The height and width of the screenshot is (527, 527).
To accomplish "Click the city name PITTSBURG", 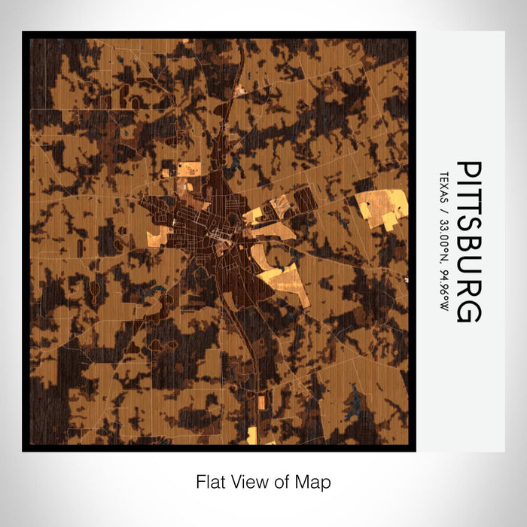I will pyautogui.click(x=468, y=241).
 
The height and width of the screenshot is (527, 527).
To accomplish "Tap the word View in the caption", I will pyautogui.click(x=245, y=482).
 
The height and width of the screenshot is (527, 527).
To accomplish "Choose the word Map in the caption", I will pyautogui.click(x=315, y=482).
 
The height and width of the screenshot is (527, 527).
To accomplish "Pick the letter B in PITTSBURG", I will pyautogui.click(x=468, y=249).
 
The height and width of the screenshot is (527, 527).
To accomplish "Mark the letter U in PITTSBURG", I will pyautogui.click(x=468, y=270).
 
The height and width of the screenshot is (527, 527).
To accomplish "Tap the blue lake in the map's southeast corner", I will pyautogui.click(x=352, y=410).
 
